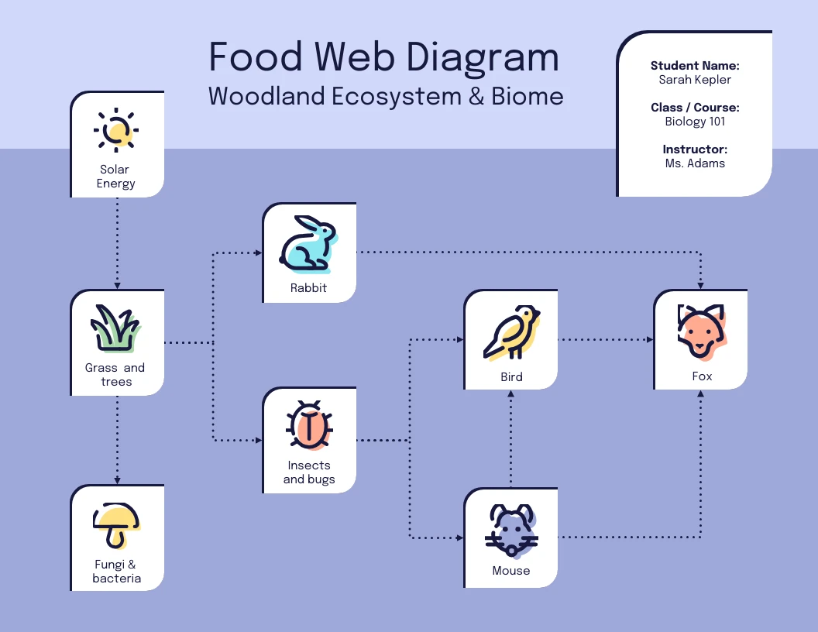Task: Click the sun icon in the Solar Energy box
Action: [116, 129]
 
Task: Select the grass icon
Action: [116, 328]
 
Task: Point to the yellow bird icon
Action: [510, 333]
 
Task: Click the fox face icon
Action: [701, 331]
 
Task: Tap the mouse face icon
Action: [510, 531]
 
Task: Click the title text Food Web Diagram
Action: [383, 57]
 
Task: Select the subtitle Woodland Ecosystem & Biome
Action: [386, 97]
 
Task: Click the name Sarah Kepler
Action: [695, 80]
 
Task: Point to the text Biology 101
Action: [695, 122]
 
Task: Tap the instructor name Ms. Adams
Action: [695, 163]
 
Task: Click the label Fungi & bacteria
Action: [116, 572]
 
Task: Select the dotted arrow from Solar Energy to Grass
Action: [117, 242]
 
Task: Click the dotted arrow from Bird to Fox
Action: [605, 339]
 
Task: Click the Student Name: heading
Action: [695, 66]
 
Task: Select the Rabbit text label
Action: [308, 288]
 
